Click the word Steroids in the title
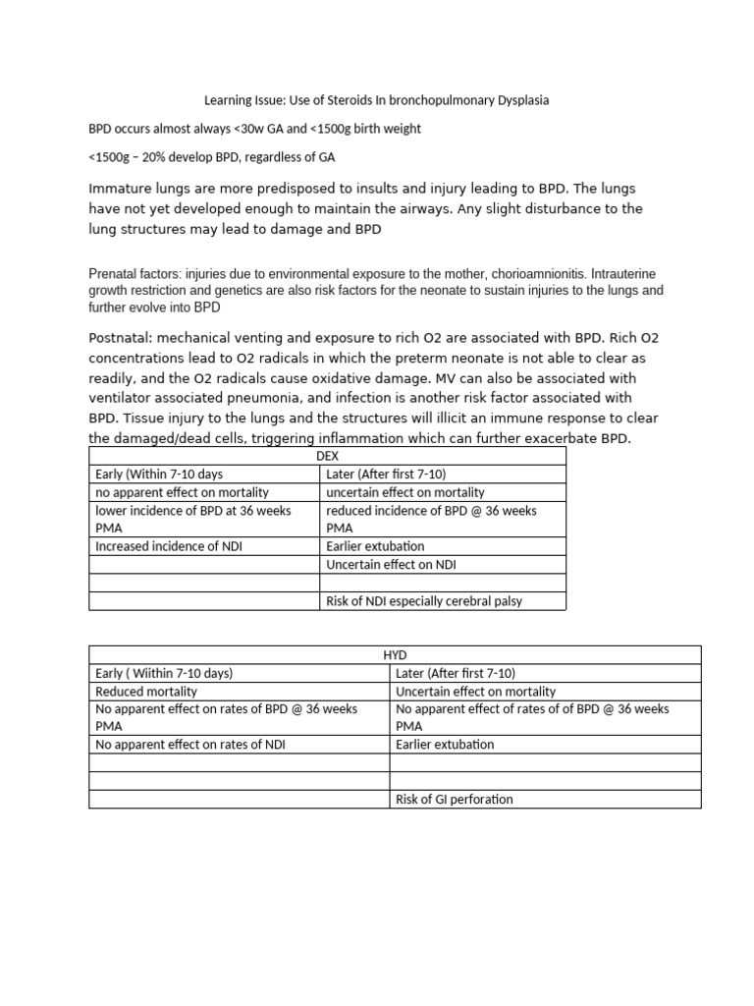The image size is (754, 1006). (356, 100)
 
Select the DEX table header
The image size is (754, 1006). (327, 457)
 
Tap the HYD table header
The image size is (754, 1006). (395, 654)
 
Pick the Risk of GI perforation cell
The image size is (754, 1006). (454, 799)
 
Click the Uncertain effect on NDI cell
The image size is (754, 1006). (391, 564)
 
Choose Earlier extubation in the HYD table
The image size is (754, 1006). (445, 745)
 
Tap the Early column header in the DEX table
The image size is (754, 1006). (159, 474)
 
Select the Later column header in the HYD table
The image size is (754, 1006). (455, 673)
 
